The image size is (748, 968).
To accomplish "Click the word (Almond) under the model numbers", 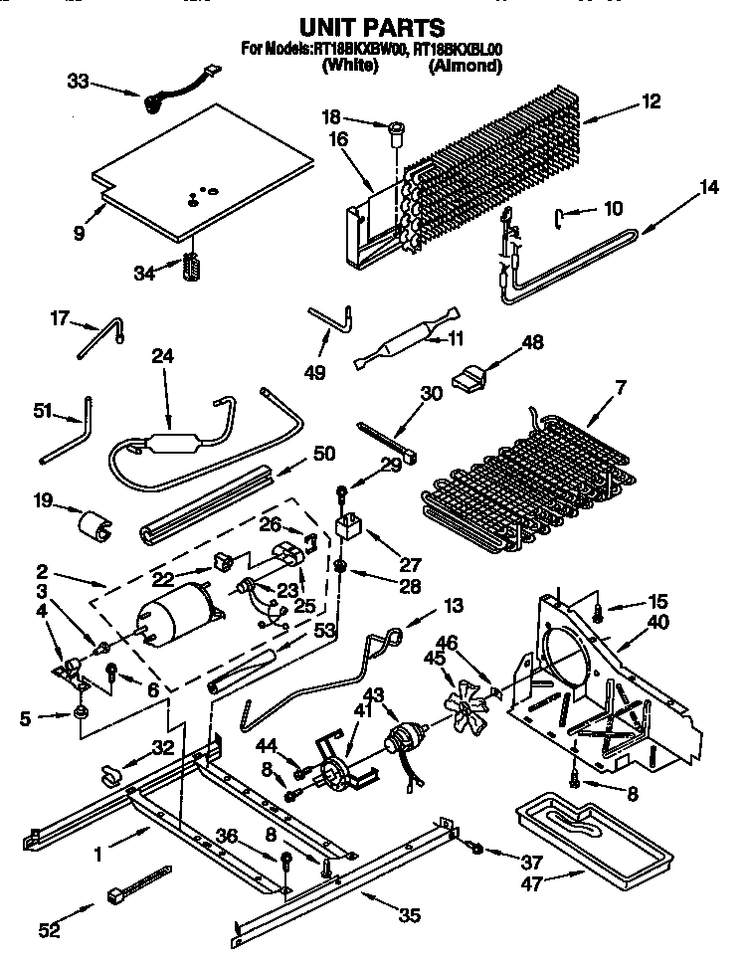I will click(x=465, y=67).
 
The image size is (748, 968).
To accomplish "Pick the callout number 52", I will click(x=49, y=930).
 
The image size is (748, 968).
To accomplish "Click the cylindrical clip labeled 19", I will click(x=93, y=524).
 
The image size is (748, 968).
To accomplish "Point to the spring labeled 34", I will click(x=192, y=268).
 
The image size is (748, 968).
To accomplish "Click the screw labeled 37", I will click(x=476, y=849).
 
